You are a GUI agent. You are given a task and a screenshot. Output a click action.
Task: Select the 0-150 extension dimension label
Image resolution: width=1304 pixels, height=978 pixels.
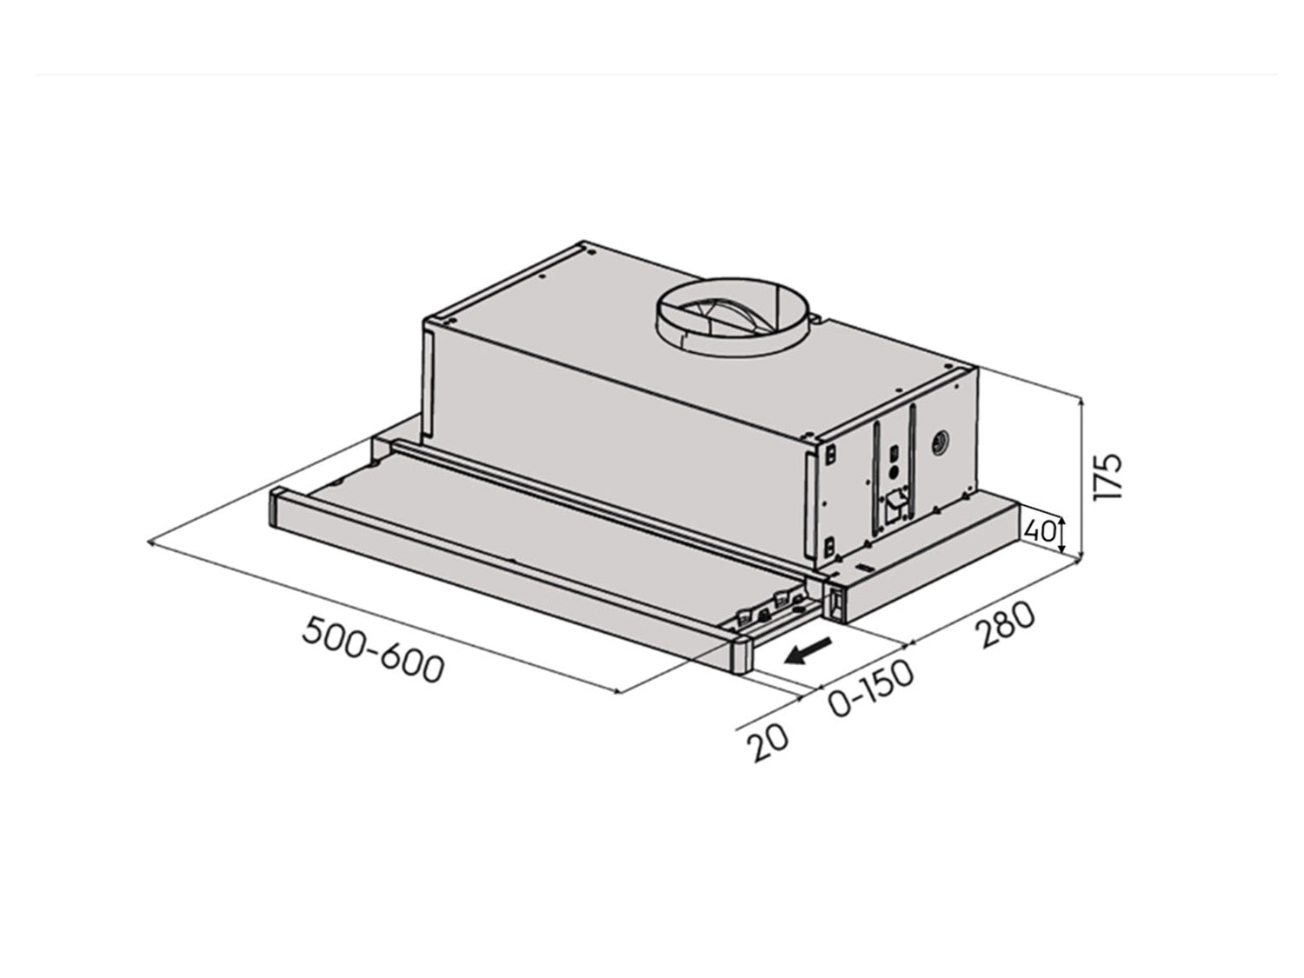coord(871,689)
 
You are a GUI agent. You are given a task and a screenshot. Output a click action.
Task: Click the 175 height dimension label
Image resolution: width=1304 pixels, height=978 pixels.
coord(1109,476)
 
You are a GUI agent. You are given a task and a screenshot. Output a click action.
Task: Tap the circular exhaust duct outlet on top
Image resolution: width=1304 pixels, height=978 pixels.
coord(735,318)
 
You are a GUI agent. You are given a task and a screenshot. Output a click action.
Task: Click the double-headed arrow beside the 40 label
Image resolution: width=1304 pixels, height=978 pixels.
coord(1061,531)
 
